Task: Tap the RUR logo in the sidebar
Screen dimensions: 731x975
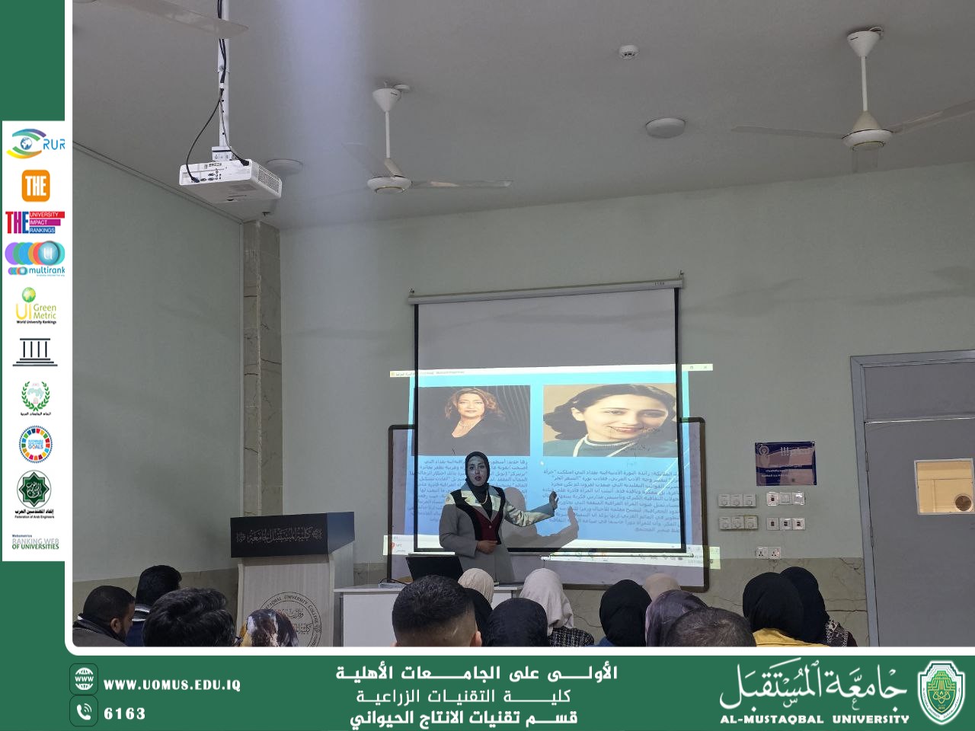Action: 35,143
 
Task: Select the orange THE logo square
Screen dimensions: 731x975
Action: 35,186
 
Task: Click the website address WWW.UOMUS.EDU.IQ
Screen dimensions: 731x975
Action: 171,685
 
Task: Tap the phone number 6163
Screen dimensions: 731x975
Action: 124,713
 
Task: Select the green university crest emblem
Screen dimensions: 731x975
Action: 941,691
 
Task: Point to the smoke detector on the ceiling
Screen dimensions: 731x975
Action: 628,52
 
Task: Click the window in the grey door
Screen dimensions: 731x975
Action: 944,486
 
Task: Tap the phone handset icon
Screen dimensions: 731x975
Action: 84,712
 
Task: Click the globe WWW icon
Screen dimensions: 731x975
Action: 84,679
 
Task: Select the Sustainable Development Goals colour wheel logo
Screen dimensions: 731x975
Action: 35,445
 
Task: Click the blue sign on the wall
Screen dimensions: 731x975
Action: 785,462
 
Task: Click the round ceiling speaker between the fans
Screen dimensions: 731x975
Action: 664,127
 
